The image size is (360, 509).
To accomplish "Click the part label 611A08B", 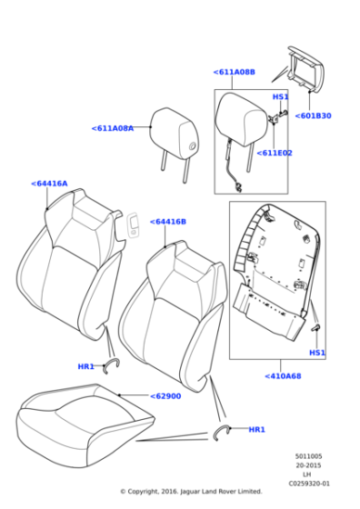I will coord(234,72).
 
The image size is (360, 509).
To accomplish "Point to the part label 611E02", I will coord(274,153).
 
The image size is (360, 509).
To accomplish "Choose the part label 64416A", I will coord(49,184).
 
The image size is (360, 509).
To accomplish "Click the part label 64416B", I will coord(168,221).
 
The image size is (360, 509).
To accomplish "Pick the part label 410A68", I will coord(283,375).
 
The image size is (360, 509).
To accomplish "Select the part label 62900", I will coord(165,396).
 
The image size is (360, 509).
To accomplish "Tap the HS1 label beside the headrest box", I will coord(281,96).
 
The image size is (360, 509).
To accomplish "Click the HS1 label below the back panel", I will coord(316,353).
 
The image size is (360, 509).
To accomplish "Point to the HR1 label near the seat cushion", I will coord(85,366).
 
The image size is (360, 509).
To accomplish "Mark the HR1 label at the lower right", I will coord(256,429).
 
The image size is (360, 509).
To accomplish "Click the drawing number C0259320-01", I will coord(309,484).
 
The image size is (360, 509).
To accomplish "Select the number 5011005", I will coord(308,456).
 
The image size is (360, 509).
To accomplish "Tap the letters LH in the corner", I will coord(306,474).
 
